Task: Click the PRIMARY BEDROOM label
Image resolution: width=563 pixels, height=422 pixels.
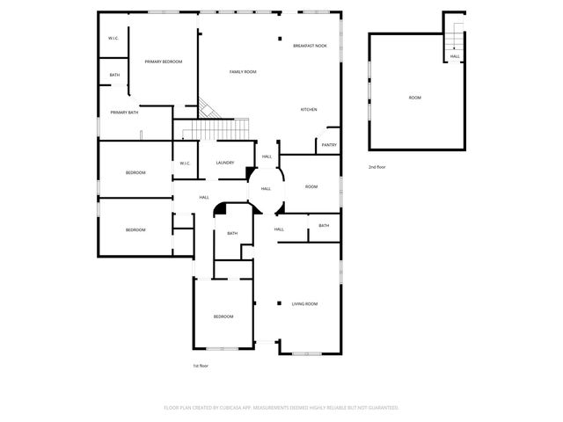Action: (164, 62)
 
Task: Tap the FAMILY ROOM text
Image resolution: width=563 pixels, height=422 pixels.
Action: (243, 71)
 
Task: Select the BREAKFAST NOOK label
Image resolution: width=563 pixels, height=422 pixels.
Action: (310, 45)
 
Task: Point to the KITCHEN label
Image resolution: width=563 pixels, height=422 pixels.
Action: (309, 109)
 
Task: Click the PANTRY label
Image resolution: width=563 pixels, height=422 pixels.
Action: (329, 145)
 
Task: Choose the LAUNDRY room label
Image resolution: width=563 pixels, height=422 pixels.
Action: (224, 163)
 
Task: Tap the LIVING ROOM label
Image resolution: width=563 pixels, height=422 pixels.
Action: (304, 304)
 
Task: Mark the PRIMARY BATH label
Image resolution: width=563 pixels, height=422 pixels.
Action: (124, 113)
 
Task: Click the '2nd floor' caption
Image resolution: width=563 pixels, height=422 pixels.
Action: (377, 166)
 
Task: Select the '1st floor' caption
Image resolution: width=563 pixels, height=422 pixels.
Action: (201, 365)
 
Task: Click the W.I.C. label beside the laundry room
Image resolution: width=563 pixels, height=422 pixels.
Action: (185, 164)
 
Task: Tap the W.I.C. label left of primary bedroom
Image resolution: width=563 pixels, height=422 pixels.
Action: (113, 38)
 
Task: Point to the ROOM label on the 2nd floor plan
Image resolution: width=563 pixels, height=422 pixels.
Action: (414, 98)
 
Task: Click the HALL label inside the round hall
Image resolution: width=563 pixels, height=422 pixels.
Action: (266, 188)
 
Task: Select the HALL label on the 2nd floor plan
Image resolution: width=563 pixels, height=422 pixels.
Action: (455, 56)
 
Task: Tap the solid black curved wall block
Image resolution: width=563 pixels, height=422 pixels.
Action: (222, 209)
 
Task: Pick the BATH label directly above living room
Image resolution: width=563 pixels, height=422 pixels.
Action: (324, 226)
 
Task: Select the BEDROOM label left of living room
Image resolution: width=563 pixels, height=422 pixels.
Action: (223, 316)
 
